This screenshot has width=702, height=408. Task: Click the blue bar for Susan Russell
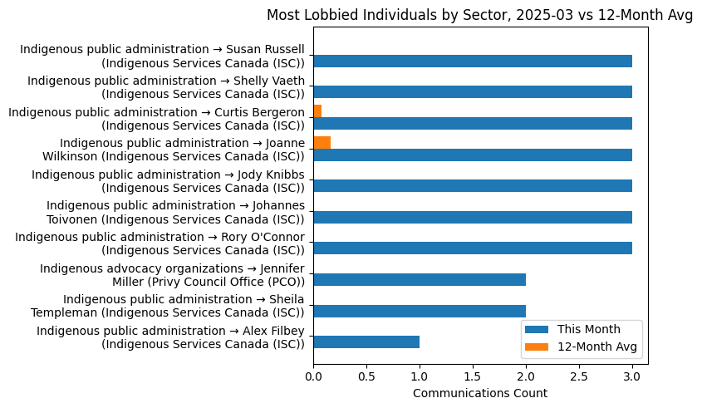click(x=472, y=61)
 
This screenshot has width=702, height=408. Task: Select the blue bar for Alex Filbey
click(x=366, y=342)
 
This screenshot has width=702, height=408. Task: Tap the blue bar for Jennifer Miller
click(x=420, y=279)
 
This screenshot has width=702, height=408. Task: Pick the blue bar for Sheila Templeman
click(x=420, y=311)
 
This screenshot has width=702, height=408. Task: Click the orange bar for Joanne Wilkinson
click(x=322, y=142)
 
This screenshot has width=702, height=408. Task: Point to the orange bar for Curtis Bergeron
click(x=317, y=111)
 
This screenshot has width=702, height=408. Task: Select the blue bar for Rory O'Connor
click(x=472, y=248)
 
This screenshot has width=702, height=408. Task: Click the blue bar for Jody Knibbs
click(x=472, y=185)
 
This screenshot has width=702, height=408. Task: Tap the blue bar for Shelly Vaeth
click(x=472, y=92)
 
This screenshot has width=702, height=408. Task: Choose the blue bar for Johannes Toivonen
click(x=472, y=217)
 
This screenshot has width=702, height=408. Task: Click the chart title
click(x=479, y=15)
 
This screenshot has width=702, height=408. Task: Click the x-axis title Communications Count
click(x=479, y=393)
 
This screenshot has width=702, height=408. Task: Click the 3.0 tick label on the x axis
click(x=632, y=376)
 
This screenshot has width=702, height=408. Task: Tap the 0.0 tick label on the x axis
click(x=313, y=376)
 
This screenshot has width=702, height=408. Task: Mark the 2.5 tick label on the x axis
click(x=579, y=376)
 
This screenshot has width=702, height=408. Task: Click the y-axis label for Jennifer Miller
click(x=173, y=274)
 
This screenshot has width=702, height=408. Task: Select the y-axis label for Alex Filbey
click(x=170, y=337)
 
